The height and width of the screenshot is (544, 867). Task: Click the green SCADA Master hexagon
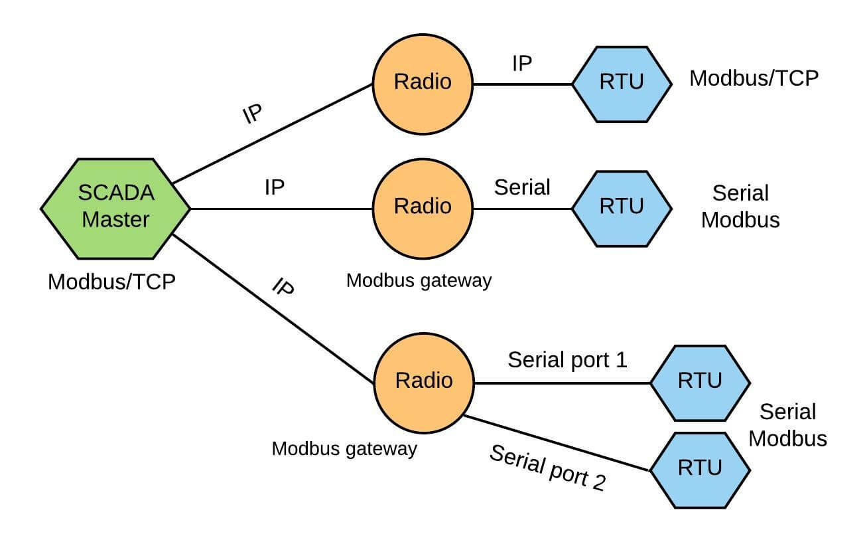pos(116,207)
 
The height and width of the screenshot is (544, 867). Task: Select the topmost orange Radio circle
pos(423,83)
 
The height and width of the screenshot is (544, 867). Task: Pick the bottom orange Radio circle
pos(424,381)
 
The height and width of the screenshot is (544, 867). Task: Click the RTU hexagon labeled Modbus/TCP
pos(622,84)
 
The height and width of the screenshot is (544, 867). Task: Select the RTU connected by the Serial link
pos(622,207)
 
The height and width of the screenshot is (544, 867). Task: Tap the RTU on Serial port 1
pos(700,383)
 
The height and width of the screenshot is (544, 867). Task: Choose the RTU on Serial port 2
pos(700,470)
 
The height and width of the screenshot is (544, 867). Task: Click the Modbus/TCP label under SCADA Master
pos(111,282)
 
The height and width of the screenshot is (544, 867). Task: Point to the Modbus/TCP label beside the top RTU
pos(754,78)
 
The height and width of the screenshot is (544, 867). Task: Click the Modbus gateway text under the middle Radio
pos(419,280)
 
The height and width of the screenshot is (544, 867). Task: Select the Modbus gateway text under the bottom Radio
pos(344,449)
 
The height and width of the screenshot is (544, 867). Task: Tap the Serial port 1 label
pos(567,360)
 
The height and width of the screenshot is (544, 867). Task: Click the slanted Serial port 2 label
pos(548,468)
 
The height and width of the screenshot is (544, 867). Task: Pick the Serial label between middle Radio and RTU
pos(522,187)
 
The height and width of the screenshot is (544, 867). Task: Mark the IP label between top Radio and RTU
pos(522,64)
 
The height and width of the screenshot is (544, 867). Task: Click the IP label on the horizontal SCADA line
pos(275,187)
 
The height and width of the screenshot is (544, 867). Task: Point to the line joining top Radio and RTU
pos(522,84)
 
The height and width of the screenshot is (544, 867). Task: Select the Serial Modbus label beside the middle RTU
pos(740,207)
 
